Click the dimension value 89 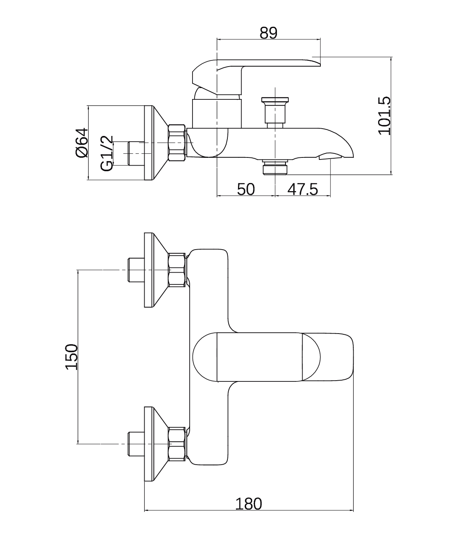(x=268, y=33)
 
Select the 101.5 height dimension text (x=384, y=116)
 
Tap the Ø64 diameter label (x=82, y=142)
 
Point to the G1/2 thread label (x=107, y=153)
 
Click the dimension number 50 (x=246, y=189)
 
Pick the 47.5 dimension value (x=303, y=189)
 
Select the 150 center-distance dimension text (x=71, y=357)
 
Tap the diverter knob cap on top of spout (x=275, y=100)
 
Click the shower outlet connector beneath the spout (x=275, y=168)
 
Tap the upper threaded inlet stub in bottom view (x=136, y=270)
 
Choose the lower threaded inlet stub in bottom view (x=136, y=444)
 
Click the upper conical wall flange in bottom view (x=156, y=270)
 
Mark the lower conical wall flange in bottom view (x=156, y=444)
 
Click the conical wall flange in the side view (x=156, y=143)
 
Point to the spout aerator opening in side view (x=330, y=156)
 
